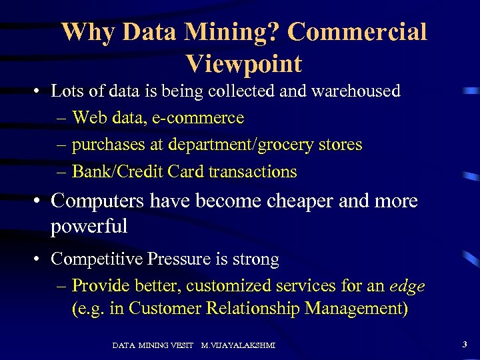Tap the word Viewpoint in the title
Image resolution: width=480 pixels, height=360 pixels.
[x=244, y=63]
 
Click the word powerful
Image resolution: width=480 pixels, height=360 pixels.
[x=89, y=227]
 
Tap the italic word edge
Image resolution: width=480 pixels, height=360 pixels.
[x=407, y=287]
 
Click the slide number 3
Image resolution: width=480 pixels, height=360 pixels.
[x=464, y=345]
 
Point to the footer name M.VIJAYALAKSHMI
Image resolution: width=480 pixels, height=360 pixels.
[x=238, y=345]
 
